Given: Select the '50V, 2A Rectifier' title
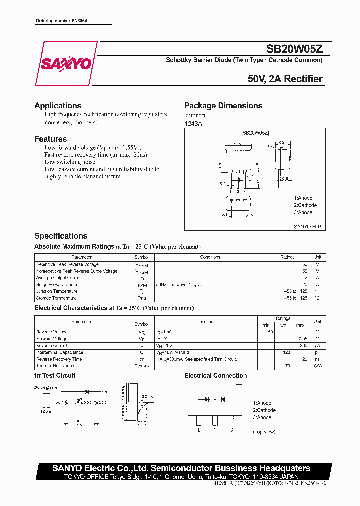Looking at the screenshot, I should (x=285, y=79).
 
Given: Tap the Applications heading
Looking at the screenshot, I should (x=58, y=106).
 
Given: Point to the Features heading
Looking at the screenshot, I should (x=50, y=139).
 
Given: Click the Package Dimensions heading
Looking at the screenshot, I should (x=223, y=106).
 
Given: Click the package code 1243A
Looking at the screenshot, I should (x=193, y=123).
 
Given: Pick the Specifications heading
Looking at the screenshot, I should (x=61, y=236).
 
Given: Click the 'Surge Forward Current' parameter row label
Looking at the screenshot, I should (x=58, y=285).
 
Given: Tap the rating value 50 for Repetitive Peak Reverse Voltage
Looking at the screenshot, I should (x=305, y=264).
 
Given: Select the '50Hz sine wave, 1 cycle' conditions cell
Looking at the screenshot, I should (x=179, y=285).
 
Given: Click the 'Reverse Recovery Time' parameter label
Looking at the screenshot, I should (x=59, y=359).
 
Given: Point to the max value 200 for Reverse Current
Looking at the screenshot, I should (x=303, y=346).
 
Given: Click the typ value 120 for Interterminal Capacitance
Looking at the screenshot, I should (x=287, y=352).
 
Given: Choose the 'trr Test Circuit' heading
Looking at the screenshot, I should (x=55, y=376).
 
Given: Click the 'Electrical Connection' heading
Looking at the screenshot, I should (x=216, y=376).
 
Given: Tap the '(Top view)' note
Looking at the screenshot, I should (x=264, y=431).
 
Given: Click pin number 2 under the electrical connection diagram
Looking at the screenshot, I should (x=215, y=429).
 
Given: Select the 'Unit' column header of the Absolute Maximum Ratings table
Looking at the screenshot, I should (x=317, y=257).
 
